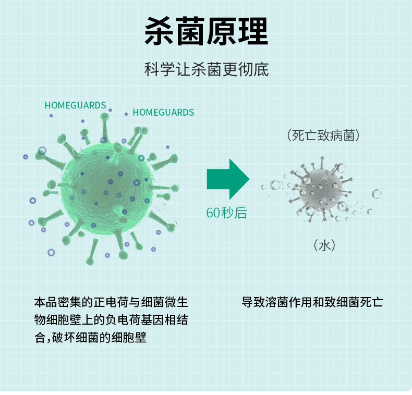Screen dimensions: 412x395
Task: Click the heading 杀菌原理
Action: coord(206,32)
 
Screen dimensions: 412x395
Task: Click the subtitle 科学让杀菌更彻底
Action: coord(206,69)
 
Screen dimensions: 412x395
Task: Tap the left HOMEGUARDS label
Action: coord(76,105)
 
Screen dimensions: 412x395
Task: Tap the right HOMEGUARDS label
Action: coord(163,112)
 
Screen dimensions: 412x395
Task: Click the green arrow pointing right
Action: coord(227,179)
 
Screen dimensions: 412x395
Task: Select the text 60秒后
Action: coord(226,213)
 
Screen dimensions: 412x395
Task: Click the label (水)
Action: coord(324,244)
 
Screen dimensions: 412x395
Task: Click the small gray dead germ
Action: coord(319,189)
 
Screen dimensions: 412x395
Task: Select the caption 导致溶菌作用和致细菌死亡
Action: coord(312,302)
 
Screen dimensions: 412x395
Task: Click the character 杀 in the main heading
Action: coord(159,32)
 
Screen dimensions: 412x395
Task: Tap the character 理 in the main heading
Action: coord(252,32)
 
